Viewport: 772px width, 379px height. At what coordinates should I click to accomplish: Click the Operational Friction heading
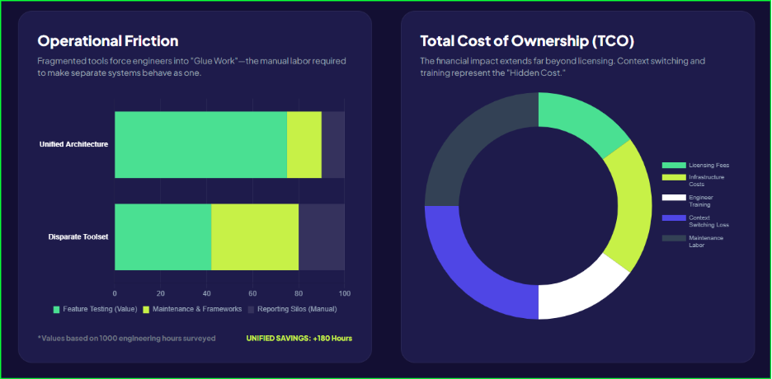[108, 41]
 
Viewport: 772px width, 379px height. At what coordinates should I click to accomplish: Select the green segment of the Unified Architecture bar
[200, 144]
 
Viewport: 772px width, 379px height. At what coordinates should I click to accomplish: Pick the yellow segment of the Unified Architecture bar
[304, 144]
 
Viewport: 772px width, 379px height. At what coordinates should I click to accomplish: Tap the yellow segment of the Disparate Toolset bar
[255, 237]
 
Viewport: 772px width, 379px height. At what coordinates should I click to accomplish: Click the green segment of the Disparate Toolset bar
[162, 237]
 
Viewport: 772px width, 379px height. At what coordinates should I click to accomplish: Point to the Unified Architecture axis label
[73, 144]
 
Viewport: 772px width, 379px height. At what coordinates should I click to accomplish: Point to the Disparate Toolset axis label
[78, 237]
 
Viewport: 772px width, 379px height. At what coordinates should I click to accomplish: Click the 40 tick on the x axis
[206, 292]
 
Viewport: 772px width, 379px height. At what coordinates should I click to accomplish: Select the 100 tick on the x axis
[345, 292]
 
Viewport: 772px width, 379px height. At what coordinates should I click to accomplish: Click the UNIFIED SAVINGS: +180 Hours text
[299, 338]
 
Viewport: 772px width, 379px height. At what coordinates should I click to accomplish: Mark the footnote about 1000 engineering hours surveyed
[126, 338]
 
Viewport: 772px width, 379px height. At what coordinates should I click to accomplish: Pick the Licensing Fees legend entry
[708, 166]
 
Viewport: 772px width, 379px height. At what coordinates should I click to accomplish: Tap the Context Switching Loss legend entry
[708, 221]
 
